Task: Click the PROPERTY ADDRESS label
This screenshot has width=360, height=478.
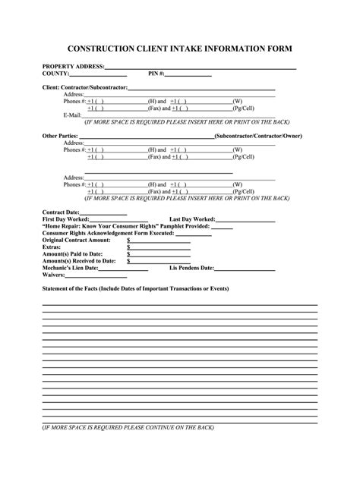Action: pyautogui.click(x=73, y=67)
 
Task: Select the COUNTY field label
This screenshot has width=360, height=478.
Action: pyautogui.click(x=55, y=74)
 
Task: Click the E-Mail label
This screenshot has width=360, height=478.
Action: pyautogui.click(x=72, y=115)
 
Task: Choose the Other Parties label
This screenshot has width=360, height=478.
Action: pyautogui.click(x=60, y=135)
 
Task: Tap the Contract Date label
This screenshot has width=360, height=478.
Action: pyautogui.click(x=62, y=212)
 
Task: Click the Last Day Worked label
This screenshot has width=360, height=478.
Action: pyautogui.click(x=194, y=219)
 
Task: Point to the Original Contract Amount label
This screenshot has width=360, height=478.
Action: pyautogui.click(x=77, y=240)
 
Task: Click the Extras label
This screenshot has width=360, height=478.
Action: pyautogui.click(x=52, y=247)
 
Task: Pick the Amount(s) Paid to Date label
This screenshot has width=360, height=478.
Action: pyautogui.click(x=73, y=253)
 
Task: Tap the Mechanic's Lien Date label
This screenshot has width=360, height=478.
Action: pyautogui.click(x=70, y=268)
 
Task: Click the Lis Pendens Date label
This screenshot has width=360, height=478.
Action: pyautogui.click(x=191, y=268)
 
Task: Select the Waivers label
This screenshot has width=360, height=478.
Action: pyautogui.click(x=54, y=275)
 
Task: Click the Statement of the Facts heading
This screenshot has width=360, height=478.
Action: pyautogui.click(x=135, y=289)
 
